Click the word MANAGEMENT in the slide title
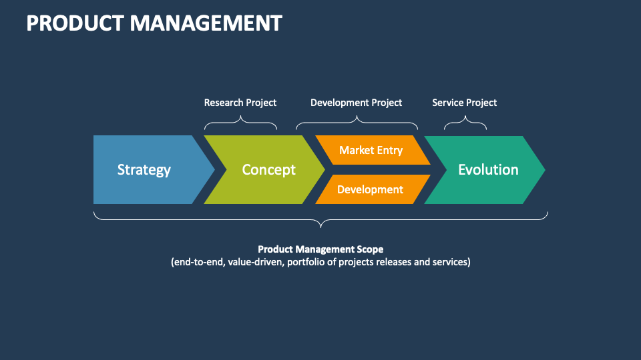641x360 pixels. [206, 23]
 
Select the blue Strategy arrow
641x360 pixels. [144, 170]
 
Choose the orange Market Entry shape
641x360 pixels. [371, 150]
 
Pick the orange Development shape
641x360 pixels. [370, 189]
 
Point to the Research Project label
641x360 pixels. [240, 103]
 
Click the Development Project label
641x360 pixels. [357, 103]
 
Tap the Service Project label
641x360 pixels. [465, 103]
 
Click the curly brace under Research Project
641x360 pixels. [240, 123]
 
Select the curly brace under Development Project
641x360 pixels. [357, 123]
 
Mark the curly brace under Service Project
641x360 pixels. [465, 123]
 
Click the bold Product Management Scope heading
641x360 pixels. [320, 249]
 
